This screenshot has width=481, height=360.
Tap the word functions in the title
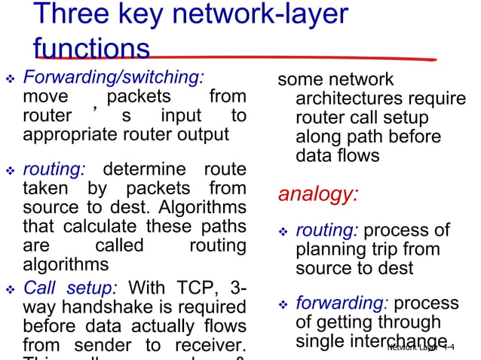click(x=91, y=50)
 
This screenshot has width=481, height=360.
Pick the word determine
click(x=144, y=169)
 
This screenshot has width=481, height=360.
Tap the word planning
click(x=332, y=249)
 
